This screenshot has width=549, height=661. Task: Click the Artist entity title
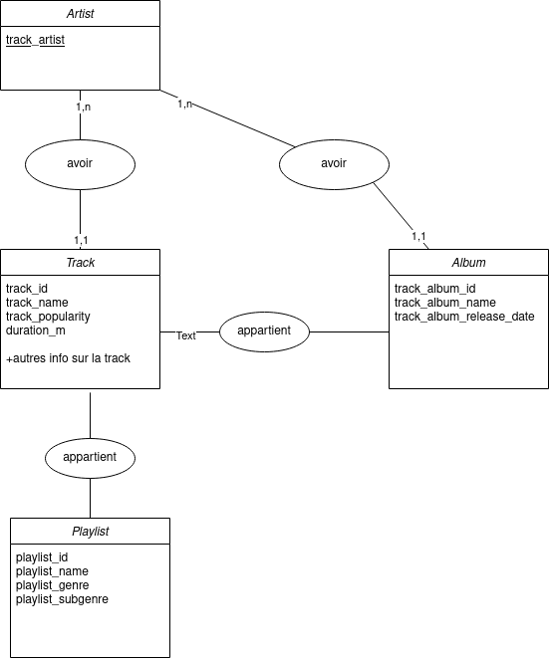coord(80,14)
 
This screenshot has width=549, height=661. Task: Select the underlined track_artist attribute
coord(35,40)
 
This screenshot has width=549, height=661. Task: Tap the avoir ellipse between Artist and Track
coord(80,164)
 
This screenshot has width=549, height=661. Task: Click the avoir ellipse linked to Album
coord(334,164)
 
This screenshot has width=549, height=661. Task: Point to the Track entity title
coord(80,263)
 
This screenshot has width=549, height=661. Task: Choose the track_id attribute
coord(27,289)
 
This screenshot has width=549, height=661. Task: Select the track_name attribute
coord(37,303)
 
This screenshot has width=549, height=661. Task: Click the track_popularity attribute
coord(48,317)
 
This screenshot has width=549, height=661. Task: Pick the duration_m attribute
coord(36,330)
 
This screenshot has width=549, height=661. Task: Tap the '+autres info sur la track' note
coord(68,358)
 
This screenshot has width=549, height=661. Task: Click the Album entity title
coord(469,263)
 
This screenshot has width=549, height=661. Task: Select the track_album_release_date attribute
coord(464,317)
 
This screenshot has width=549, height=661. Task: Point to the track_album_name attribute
coord(445,303)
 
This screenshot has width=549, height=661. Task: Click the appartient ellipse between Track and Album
coord(265,331)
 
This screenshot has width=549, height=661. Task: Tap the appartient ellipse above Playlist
coord(90,458)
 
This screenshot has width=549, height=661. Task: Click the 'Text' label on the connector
coord(186,336)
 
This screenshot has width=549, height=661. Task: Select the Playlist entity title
coord(91,532)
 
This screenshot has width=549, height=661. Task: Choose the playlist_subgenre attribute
coord(62,599)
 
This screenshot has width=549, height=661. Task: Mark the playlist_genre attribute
coord(53,585)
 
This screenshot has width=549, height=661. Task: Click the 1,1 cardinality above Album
coord(418,237)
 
